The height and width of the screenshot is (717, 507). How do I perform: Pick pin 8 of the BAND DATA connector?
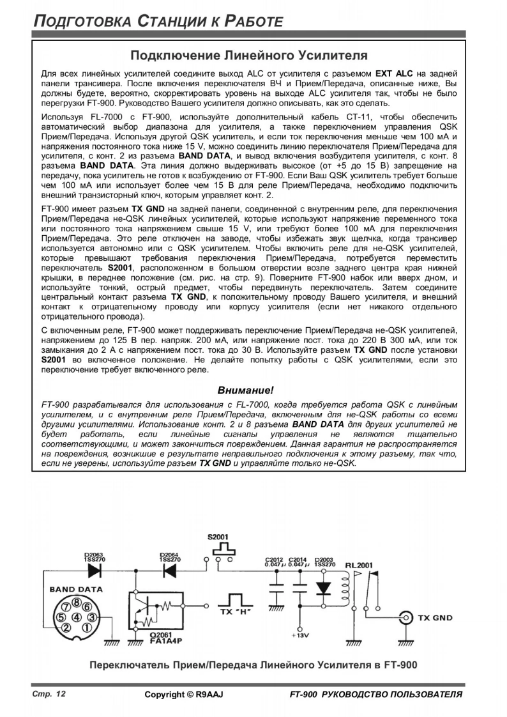coord(77,601)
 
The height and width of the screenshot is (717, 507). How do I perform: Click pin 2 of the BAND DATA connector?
coord(64,628)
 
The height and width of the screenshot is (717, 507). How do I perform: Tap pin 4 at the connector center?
coord(76,617)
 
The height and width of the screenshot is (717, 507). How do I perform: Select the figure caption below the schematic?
coord(253,665)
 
